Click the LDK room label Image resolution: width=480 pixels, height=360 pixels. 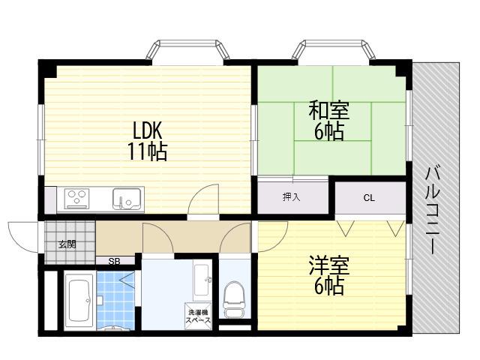coord(147,131)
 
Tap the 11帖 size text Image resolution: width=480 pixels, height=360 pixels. coord(147,152)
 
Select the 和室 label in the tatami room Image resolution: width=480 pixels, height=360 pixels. coord(329,111)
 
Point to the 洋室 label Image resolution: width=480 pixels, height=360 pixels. coord(329,266)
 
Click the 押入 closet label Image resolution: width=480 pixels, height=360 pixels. coord(292,197)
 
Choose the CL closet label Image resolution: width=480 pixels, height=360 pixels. coord(369,198)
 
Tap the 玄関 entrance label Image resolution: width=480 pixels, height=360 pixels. coord(67,244)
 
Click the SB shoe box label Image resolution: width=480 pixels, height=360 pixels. coord(115,262)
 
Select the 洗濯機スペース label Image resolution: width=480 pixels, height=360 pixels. coord(199,316)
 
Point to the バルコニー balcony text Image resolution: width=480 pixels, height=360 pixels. coord(433,210)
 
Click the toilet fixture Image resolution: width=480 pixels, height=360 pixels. coord(235,299)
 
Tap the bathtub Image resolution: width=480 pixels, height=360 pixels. coord(79,301)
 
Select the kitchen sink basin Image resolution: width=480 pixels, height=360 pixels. coord(127,199)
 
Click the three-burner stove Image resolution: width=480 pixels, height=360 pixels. coord(77,199)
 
